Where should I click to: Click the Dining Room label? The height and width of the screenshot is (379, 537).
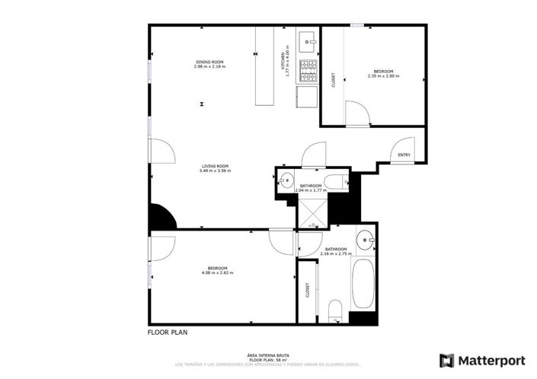tap(209, 64)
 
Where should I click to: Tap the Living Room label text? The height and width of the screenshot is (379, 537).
tap(215, 168)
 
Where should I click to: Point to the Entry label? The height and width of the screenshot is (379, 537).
tap(404, 156)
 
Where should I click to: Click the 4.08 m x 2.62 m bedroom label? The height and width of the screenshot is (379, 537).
tap(217, 270)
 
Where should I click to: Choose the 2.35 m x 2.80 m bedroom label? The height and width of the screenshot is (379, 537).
tap(383, 74)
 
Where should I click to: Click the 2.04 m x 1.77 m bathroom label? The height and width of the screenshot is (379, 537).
tap(310, 188)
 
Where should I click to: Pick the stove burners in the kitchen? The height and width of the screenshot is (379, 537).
tap(308, 71)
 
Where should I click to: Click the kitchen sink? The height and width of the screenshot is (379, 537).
tap(308, 38)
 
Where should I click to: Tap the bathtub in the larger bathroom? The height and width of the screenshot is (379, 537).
tap(363, 283)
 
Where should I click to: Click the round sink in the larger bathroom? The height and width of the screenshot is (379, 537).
tap(366, 240)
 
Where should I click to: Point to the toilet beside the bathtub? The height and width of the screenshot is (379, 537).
tap(334, 309)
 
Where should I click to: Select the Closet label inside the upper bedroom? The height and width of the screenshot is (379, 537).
tap(333, 79)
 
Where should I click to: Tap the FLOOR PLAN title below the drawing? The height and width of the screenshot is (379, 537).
tap(167, 332)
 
